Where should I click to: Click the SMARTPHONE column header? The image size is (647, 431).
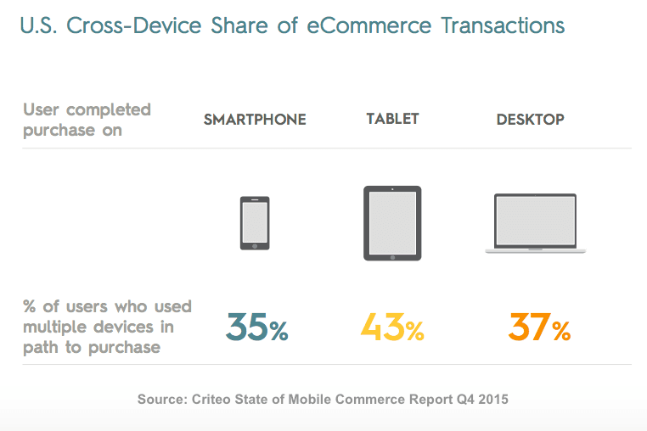255,120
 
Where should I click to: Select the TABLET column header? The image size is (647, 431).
392,119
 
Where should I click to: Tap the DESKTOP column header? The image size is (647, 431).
530,120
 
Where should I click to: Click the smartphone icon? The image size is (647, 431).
255,223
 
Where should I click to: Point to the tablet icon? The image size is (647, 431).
392,223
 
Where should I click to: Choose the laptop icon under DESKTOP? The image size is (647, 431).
535,223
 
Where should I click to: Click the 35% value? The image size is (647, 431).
256,327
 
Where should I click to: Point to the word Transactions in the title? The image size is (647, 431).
504,25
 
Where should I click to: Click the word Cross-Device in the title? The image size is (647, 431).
120,25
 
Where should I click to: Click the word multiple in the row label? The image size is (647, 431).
57,327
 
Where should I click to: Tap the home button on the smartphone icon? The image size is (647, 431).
255,244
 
